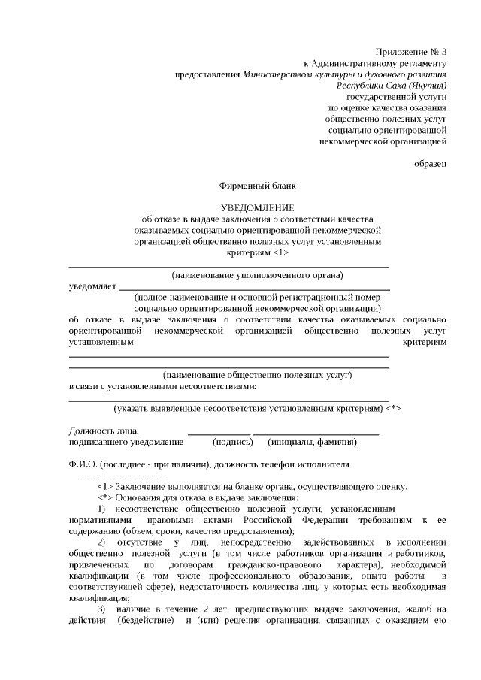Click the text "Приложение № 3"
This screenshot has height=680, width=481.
click(412, 52)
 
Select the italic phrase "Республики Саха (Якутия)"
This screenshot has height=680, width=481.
click(392, 86)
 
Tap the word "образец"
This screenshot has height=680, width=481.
click(431, 162)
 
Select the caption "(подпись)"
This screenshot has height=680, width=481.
click(232, 442)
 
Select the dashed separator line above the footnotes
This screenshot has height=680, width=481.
click(123, 476)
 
